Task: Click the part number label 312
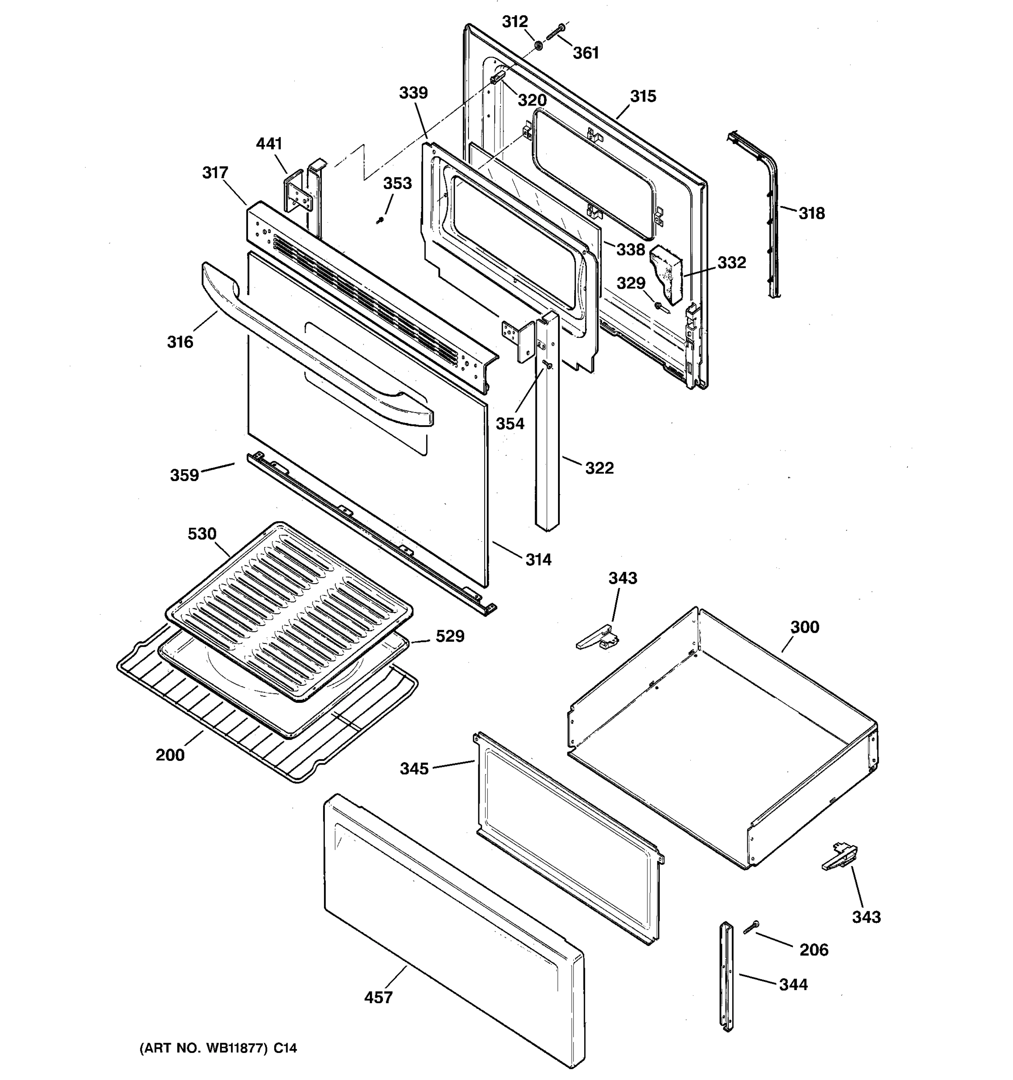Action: pyautogui.click(x=514, y=22)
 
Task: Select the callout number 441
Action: pyautogui.click(x=269, y=144)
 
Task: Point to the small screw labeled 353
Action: pyautogui.click(x=381, y=220)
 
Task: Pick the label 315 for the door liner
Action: pyautogui.click(x=643, y=96)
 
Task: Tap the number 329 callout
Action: pyautogui.click(x=630, y=283)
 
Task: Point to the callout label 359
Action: pyautogui.click(x=184, y=475)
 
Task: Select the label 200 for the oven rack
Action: pyautogui.click(x=170, y=755)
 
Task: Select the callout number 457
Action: pyautogui.click(x=378, y=997)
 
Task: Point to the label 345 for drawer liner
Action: pyautogui.click(x=414, y=769)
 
